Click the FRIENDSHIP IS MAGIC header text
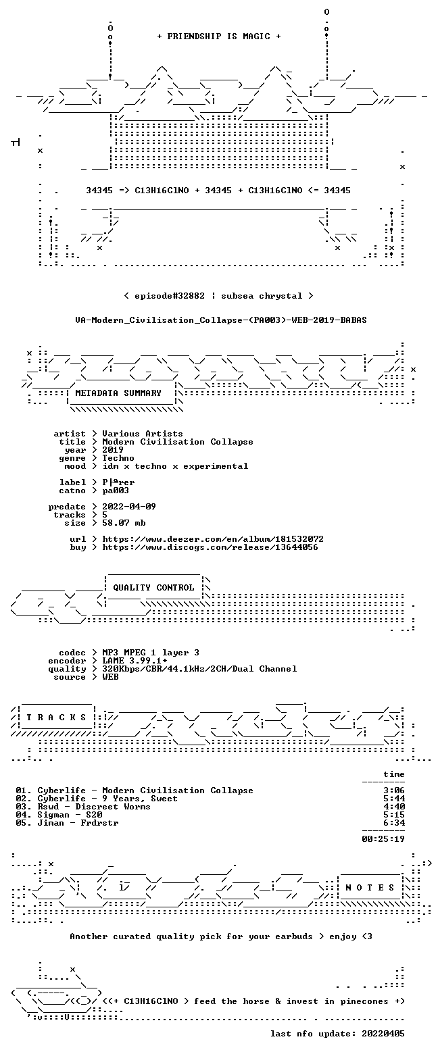click(219, 36)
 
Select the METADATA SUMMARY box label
click(118, 393)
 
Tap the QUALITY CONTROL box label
click(153, 588)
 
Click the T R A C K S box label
click(56, 718)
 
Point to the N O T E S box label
click(370, 887)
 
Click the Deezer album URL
click(213, 539)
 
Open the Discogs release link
click(210, 547)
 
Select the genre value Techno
click(118, 458)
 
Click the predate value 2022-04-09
click(129, 507)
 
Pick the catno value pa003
click(116, 491)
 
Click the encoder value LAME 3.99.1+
click(135, 661)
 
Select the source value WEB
click(110, 677)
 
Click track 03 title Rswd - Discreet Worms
click(94, 807)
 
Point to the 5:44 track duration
click(394, 799)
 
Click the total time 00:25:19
click(383, 839)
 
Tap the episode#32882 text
click(170, 296)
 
